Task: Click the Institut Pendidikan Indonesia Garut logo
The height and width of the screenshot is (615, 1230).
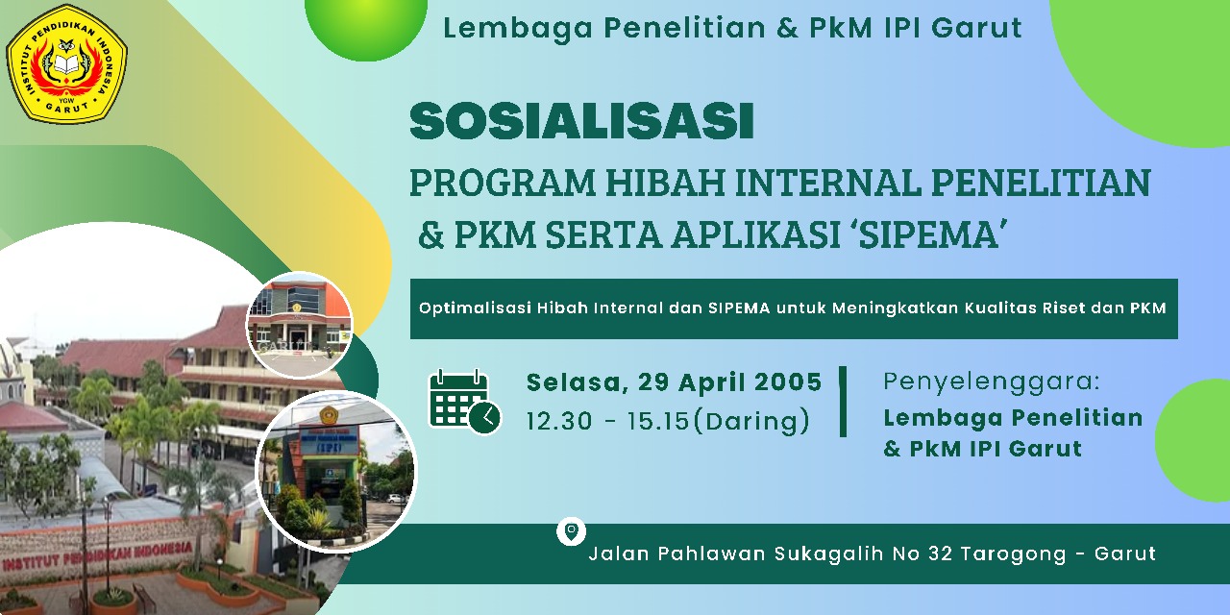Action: (67, 64)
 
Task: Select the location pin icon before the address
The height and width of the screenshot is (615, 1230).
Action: (571, 531)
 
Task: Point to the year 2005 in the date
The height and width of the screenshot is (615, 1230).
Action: (787, 382)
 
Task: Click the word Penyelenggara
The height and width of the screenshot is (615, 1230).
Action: (991, 381)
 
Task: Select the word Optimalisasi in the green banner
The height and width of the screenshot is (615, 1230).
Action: (474, 308)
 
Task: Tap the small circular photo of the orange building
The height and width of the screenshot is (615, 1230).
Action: (300, 325)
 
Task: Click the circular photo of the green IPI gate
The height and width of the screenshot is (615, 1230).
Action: (336, 471)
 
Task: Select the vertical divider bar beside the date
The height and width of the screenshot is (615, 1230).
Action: (843, 401)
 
